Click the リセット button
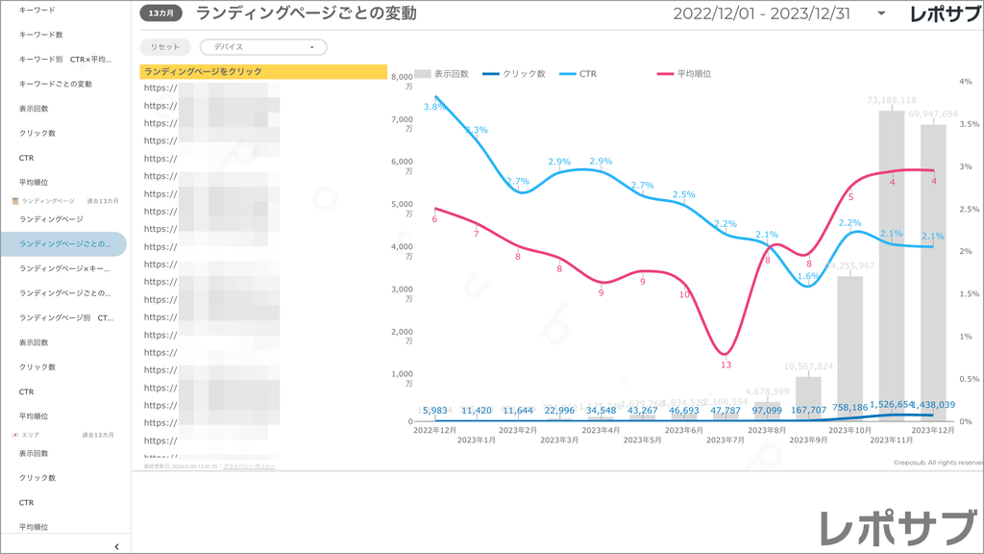click(x=165, y=47)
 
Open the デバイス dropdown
click(x=262, y=47)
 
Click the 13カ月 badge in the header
click(x=160, y=13)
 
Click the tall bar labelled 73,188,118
click(x=891, y=260)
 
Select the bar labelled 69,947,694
click(x=933, y=269)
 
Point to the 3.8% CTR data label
click(x=433, y=107)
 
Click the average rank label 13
click(x=726, y=365)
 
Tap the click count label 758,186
click(x=849, y=407)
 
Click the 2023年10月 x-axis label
click(x=849, y=429)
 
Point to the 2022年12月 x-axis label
click(x=434, y=429)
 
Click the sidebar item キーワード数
click(x=41, y=35)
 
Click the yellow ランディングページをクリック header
click(x=262, y=71)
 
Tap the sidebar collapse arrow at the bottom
click(x=116, y=546)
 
